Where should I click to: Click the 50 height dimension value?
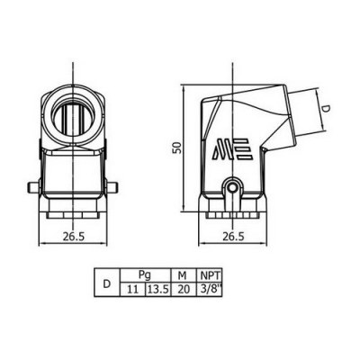click(178, 148)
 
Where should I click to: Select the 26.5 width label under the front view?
click(74, 237)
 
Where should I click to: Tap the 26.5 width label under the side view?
click(233, 237)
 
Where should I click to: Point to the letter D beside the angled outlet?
click(327, 110)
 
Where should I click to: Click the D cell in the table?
click(107, 283)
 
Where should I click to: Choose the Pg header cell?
click(145, 275)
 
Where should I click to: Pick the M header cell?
click(184, 275)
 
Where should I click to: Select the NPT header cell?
click(209, 275)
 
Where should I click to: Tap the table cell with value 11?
click(133, 290)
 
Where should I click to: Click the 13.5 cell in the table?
click(158, 290)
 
